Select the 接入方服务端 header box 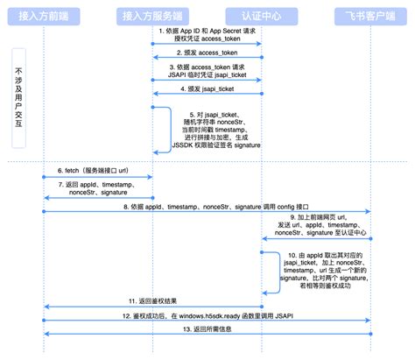153,15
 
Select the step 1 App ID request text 208,34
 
